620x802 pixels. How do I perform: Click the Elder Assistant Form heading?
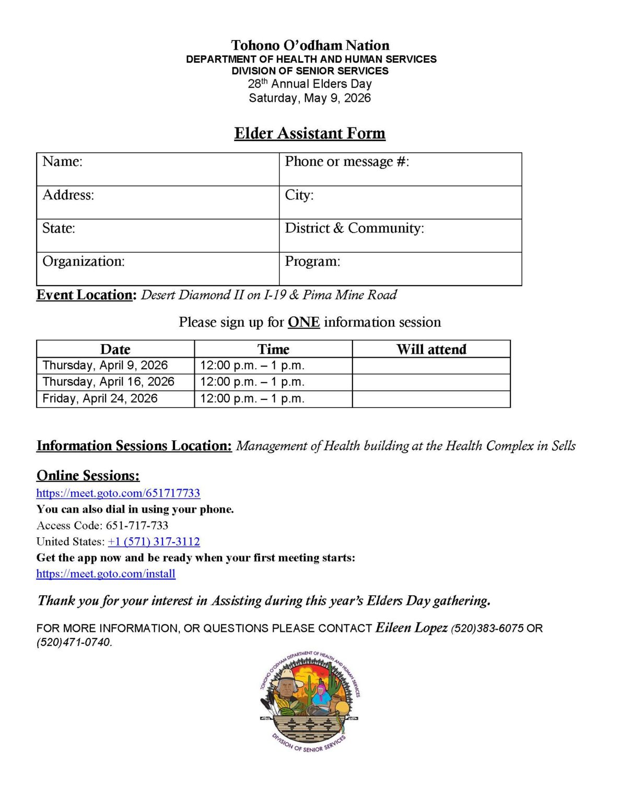310,134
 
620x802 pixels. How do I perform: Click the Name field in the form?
158,169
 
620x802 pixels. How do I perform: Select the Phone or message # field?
400,169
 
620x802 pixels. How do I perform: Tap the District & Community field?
400,235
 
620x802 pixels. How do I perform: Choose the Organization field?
158,269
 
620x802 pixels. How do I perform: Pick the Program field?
400,269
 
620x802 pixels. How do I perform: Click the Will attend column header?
431,349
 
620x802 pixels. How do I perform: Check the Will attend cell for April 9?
431,365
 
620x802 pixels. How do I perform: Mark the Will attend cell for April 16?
431,382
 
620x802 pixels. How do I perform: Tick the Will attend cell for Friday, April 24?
431,399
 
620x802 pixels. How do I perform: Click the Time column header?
273,349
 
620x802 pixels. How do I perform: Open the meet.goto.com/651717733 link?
118,493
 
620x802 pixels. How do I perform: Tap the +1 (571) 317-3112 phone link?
154,542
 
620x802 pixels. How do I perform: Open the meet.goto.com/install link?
106,574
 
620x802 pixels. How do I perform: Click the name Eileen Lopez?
412,628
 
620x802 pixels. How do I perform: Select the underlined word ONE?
303,322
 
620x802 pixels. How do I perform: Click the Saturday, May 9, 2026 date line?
310,98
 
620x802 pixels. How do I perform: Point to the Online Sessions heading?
88,476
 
